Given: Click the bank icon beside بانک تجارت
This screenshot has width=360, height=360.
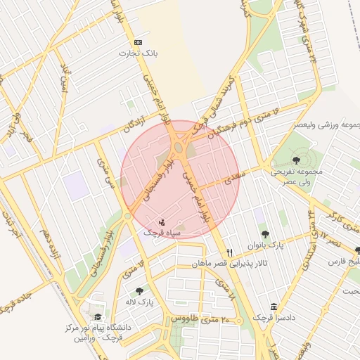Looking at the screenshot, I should coord(138,42).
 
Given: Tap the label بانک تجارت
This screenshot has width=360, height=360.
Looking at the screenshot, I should coord(136,53).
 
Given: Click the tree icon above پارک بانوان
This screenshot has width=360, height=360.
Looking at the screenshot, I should coord(265,234).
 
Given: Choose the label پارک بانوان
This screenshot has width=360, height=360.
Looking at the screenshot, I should coord(264,245).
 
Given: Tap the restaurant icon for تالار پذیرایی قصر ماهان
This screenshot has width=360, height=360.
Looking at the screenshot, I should coord(229,253).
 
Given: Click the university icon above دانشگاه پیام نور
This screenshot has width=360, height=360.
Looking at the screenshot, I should coord(97,317).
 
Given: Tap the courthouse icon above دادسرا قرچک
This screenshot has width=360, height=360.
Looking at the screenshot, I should coord(274,307).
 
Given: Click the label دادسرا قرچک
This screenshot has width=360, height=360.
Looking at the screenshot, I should coord(274,319).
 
